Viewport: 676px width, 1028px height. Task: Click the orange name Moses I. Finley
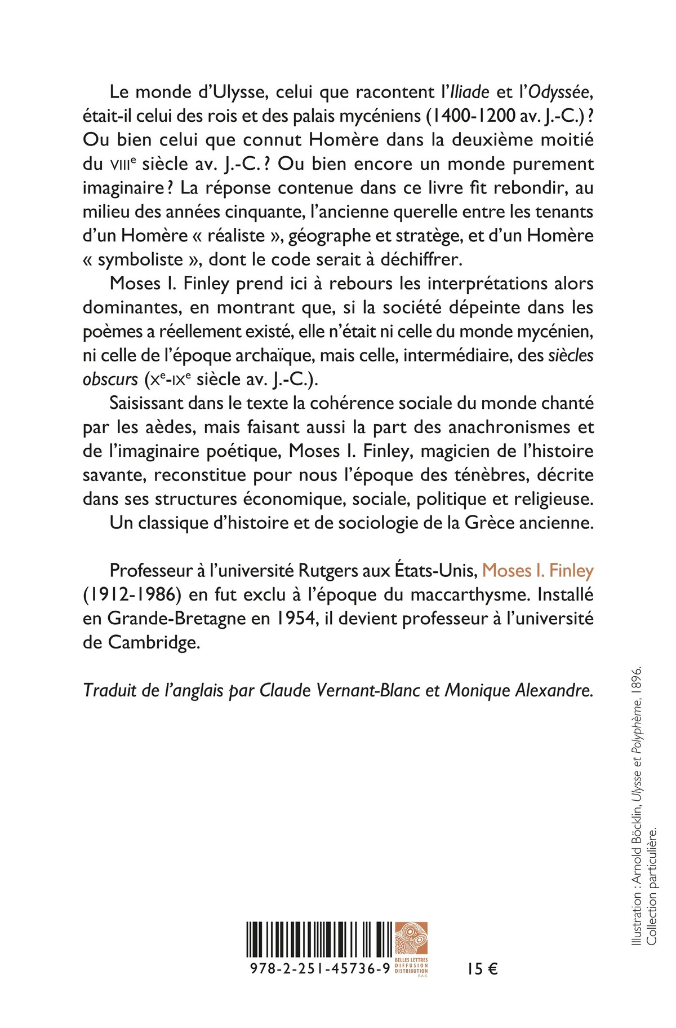pyautogui.click(x=538, y=571)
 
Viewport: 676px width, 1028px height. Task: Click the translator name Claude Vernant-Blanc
pyautogui.click(x=340, y=691)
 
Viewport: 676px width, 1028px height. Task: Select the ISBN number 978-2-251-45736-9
pyautogui.click(x=319, y=969)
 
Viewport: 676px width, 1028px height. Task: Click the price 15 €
pyautogui.click(x=482, y=969)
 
